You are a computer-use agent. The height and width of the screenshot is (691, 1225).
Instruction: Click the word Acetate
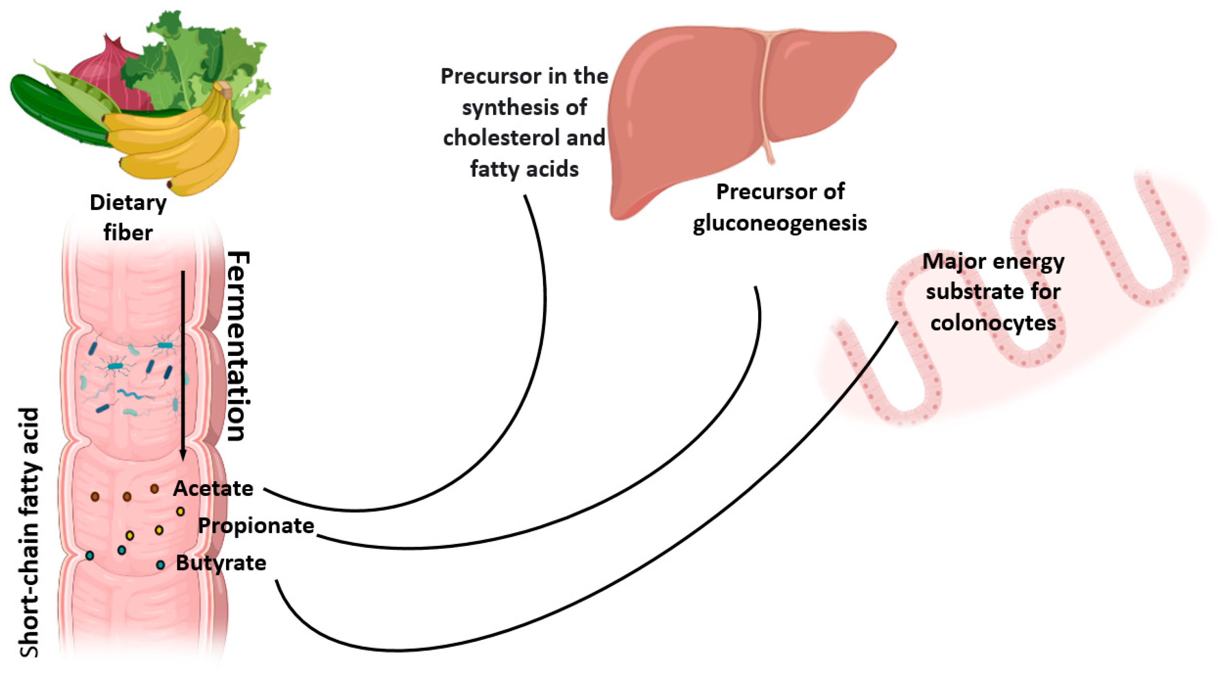[x=213, y=489]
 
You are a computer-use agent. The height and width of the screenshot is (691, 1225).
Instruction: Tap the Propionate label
[x=256, y=526]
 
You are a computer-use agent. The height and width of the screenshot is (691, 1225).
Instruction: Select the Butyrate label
[x=221, y=563]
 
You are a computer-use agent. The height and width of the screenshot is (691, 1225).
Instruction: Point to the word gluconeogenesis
[x=780, y=223]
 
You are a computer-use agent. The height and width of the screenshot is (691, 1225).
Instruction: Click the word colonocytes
[x=993, y=323]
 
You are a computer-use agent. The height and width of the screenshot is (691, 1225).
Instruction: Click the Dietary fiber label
[x=128, y=218]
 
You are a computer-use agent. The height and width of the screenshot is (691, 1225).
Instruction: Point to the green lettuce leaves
[x=200, y=52]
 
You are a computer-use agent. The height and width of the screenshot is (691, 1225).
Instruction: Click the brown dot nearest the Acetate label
[x=155, y=489]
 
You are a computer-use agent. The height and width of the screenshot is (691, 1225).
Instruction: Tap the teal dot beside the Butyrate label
[x=161, y=565]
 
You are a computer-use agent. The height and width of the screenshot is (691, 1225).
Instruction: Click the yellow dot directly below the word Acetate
[x=180, y=511]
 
